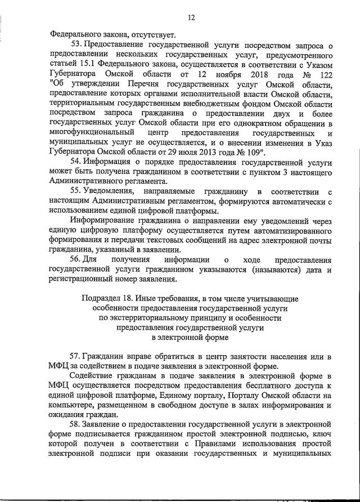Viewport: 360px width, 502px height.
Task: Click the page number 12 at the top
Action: click(191, 17)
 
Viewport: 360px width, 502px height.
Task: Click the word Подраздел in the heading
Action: click(101, 298)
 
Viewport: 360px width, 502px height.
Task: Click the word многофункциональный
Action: click(92, 132)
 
